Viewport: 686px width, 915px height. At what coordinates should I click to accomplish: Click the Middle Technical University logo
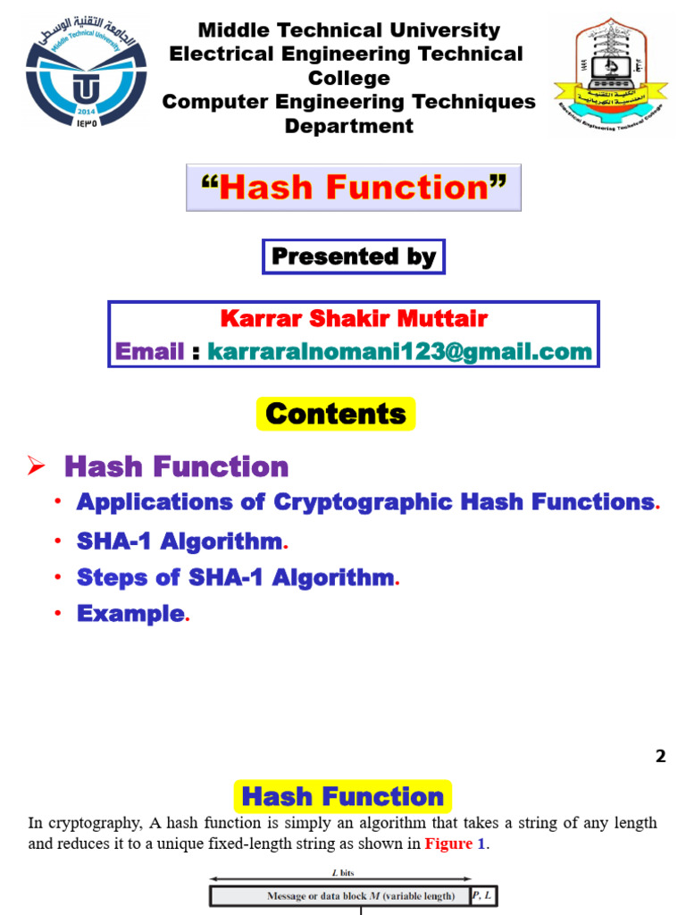pyautogui.click(x=86, y=78)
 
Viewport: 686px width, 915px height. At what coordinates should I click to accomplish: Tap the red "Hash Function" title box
pyautogui.click(x=354, y=188)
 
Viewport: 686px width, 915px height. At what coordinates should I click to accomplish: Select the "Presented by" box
pyautogui.click(x=354, y=257)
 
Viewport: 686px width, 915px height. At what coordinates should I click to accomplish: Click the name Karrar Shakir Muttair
pyautogui.click(x=354, y=319)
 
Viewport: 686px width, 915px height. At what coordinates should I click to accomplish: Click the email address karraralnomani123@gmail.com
pyautogui.click(x=399, y=351)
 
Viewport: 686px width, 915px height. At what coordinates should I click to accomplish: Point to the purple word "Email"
pyautogui.click(x=149, y=351)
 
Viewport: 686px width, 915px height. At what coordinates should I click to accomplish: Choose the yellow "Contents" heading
pyautogui.click(x=336, y=414)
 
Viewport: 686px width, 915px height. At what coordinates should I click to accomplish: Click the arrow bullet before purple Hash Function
pyautogui.click(x=36, y=466)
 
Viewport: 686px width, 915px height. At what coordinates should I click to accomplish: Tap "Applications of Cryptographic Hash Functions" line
pyautogui.click(x=364, y=502)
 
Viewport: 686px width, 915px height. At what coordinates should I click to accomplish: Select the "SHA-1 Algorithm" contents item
pyautogui.click(x=179, y=541)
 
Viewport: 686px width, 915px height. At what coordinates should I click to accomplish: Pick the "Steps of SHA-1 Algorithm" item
pyautogui.click(x=234, y=577)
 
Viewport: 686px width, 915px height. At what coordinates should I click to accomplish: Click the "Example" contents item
pyautogui.click(x=130, y=614)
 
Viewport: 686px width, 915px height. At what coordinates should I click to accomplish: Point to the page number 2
pyautogui.click(x=660, y=756)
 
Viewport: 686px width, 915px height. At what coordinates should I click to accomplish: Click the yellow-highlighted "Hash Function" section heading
pyautogui.click(x=343, y=796)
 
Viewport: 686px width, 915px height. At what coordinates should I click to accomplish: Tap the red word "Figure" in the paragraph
pyautogui.click(x=448, y=844)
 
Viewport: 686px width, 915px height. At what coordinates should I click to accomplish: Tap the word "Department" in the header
pyautogui.click(x=349, y=126)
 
